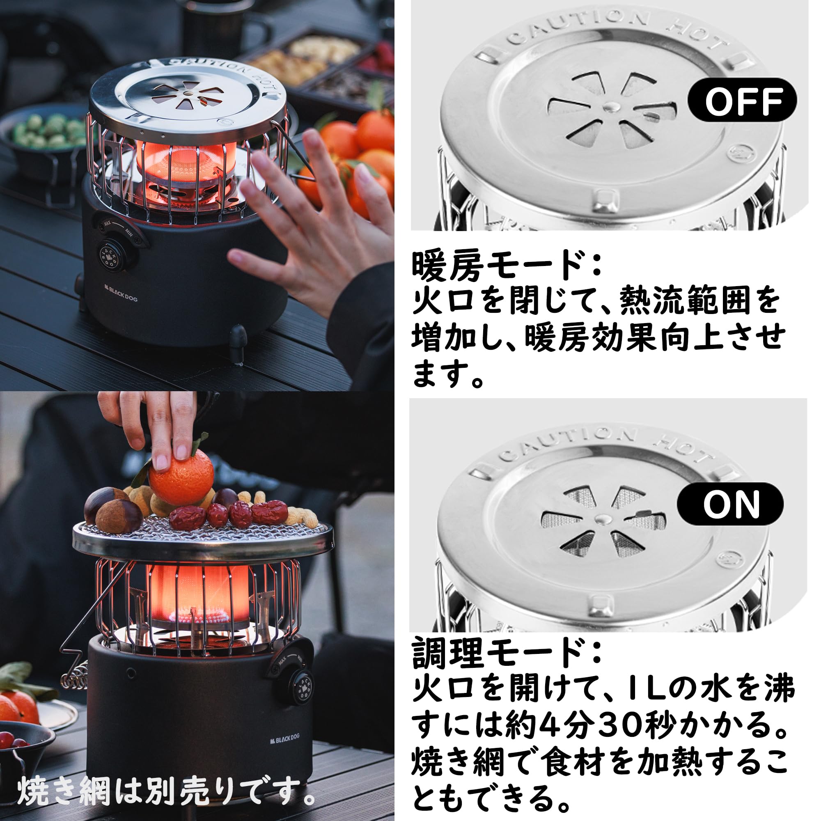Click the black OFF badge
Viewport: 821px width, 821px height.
(x=741, y=100)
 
